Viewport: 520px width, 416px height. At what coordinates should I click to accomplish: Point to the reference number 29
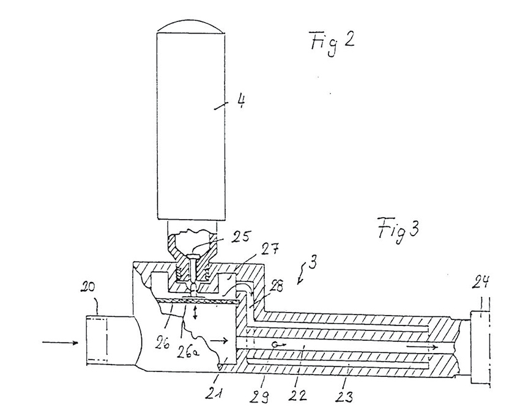click(x=260, y=389)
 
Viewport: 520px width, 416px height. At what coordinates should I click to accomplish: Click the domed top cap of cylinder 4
click(x=186, y=24)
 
